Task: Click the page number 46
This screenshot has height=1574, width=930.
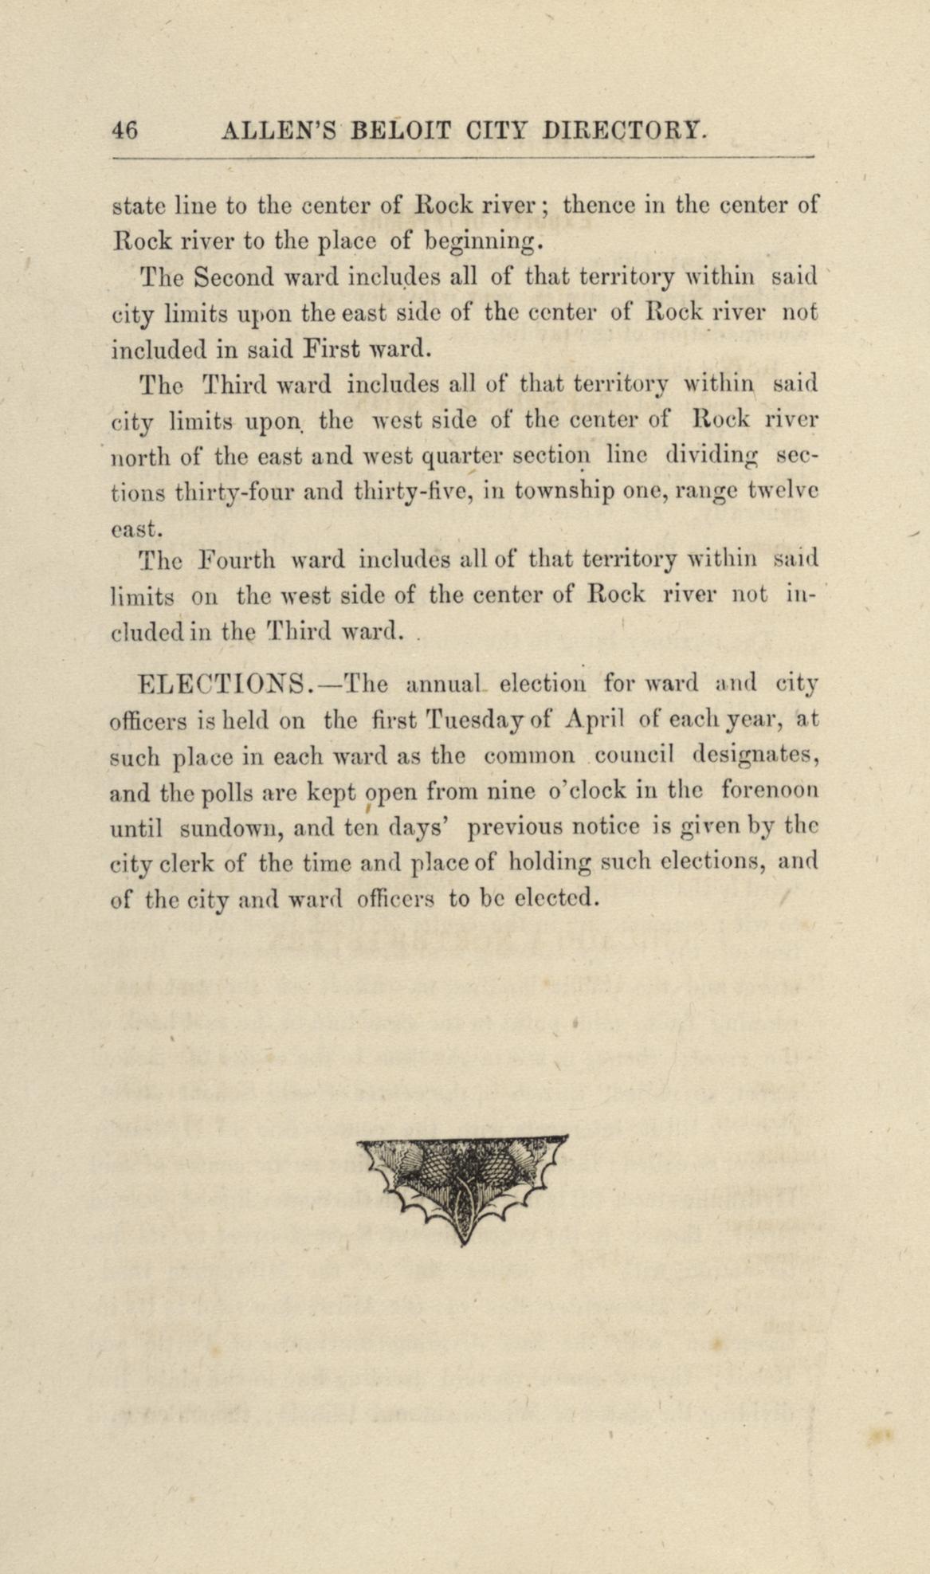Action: [x=126, y=130]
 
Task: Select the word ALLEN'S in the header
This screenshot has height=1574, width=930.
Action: [x=281, y=130]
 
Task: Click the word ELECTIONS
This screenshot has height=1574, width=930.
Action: [x=224, y=684]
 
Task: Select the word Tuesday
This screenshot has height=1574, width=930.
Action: [x=473, y=720]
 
